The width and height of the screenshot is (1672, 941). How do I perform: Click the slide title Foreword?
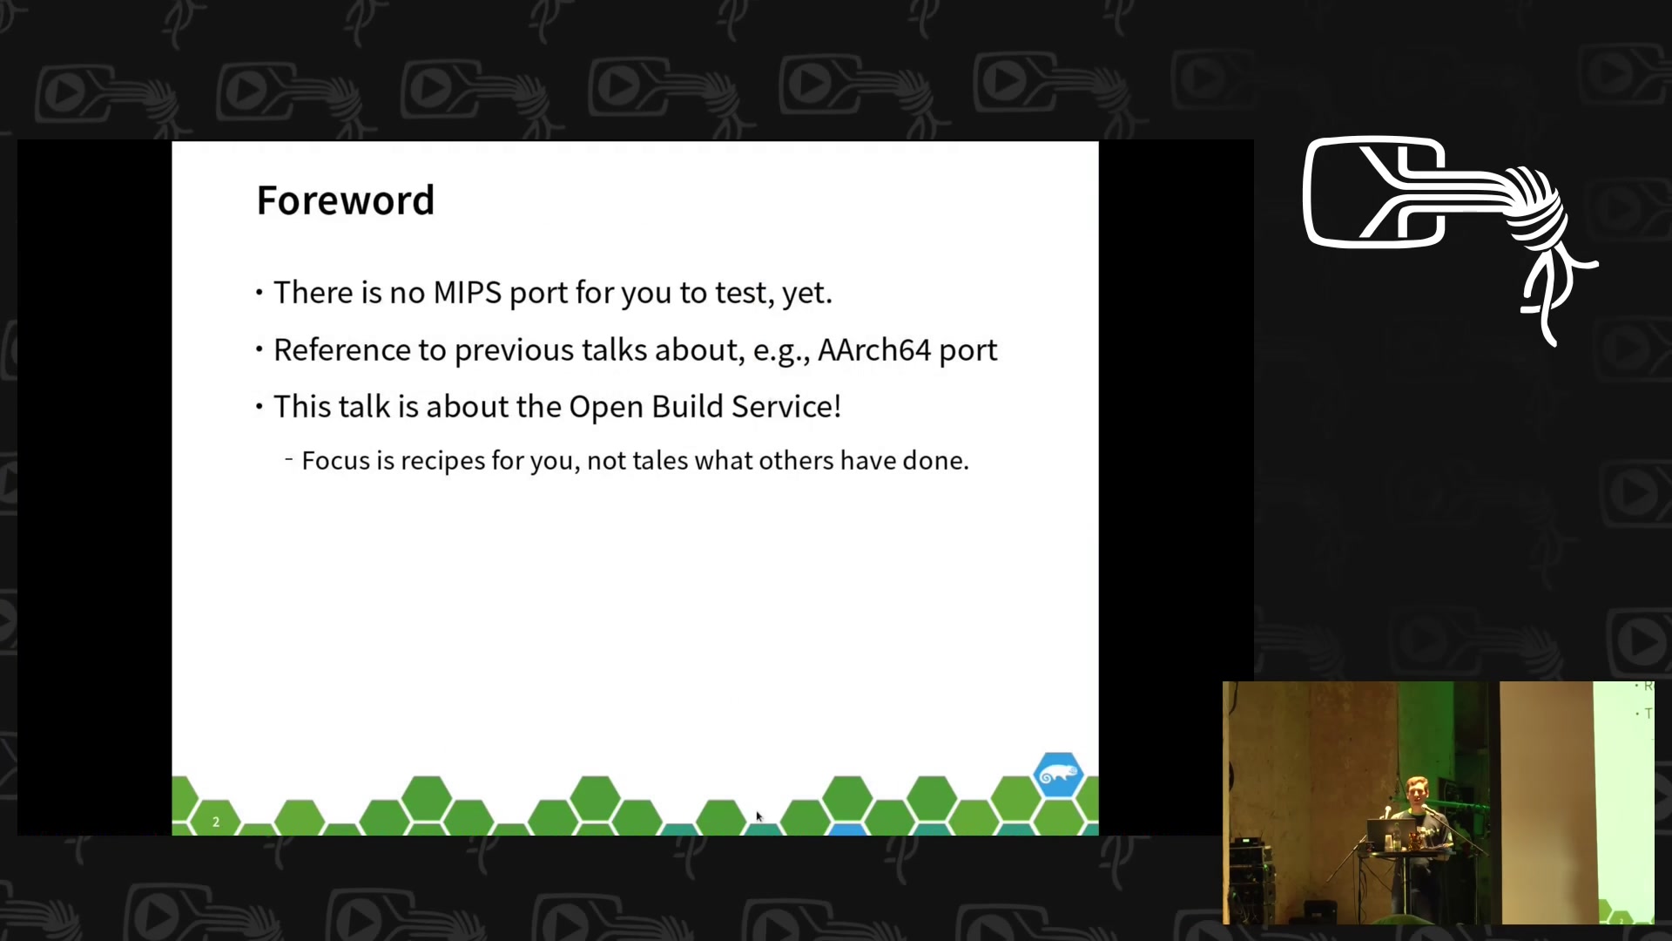[x=345, y=200]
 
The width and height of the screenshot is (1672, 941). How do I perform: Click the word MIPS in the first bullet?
[x=467, y=293]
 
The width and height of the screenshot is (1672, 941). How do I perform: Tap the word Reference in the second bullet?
[x=342, y=349]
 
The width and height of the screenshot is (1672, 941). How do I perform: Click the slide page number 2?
[x=216, y=822]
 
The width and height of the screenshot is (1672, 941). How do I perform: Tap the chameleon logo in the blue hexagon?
[x=1058, y=774]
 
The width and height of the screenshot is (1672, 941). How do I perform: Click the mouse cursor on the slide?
[x=758, y=816]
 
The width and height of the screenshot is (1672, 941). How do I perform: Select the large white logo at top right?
[x=1450, y=240]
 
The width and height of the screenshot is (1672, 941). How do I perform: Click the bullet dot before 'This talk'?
[x=260, y=406]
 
